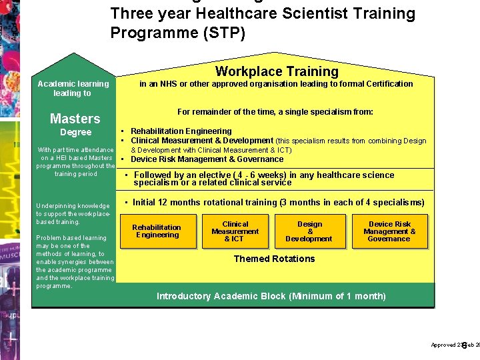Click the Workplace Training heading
click(x=277, y=71)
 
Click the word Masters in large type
click(x=75, y=119)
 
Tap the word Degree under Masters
click(x=75, y=133)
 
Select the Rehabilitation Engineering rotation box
click(x=157, y=231)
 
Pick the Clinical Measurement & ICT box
click(x=235, y=231)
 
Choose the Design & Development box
click(x=309, y=231)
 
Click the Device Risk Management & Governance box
click(x=389, y=231)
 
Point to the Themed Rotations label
click(x=274, y=259)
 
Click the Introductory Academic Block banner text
click(x=271, y=296)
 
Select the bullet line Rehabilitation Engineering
click(x=181, y=131)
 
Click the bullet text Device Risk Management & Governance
click(x=207, y=159)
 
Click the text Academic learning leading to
click(x=73, y=88)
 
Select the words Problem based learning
click(x=71, y=238)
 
